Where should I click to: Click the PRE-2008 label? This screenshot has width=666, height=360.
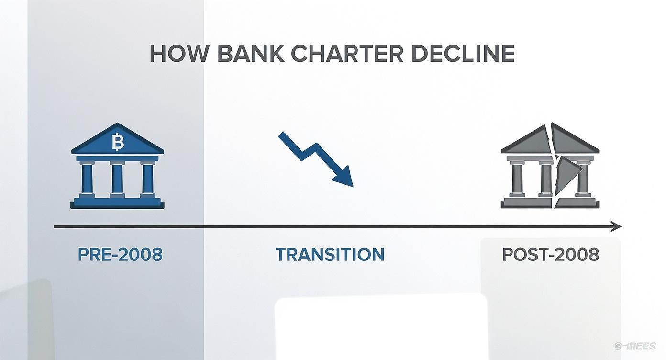pos(120,255)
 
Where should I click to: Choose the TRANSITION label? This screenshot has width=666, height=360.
pos(330,255)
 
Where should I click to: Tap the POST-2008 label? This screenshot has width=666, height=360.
pos(550,255)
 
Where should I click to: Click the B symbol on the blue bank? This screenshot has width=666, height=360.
pos(117,142)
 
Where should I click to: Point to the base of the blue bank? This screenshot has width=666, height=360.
pos(117,204)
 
